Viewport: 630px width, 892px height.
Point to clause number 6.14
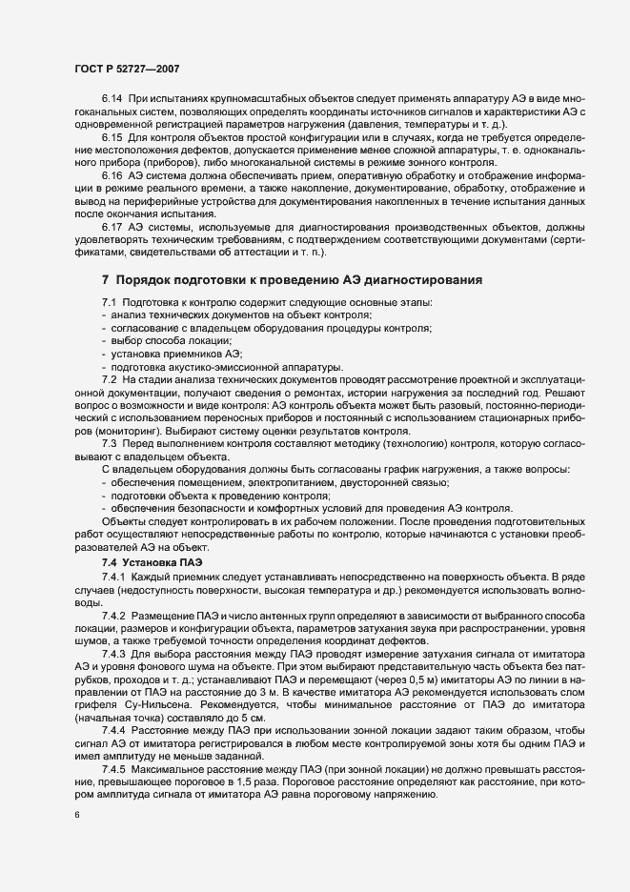pos(112,99)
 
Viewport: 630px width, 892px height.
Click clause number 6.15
pos(112,138)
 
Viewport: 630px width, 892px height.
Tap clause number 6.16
pos(112,176)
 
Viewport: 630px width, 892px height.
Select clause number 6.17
pos(112,227)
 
